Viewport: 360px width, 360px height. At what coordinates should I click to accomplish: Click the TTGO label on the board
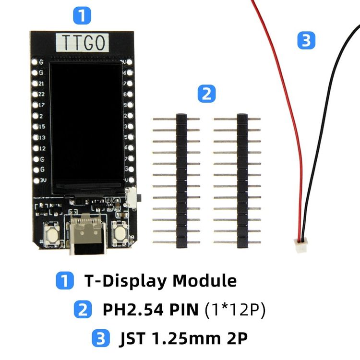[83, 43]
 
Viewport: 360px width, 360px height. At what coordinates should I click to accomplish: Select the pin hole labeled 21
[35, 83]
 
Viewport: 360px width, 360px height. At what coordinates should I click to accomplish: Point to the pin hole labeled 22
[35, 93]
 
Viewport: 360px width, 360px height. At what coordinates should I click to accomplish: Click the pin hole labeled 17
[35, 104]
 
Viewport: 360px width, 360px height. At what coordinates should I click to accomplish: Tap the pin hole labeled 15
[35, 126]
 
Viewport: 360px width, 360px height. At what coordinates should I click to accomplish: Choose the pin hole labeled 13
[35, 137]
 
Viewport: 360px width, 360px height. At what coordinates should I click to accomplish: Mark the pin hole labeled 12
[35, 148]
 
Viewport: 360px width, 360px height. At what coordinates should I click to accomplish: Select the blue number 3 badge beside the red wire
[306, 40]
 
